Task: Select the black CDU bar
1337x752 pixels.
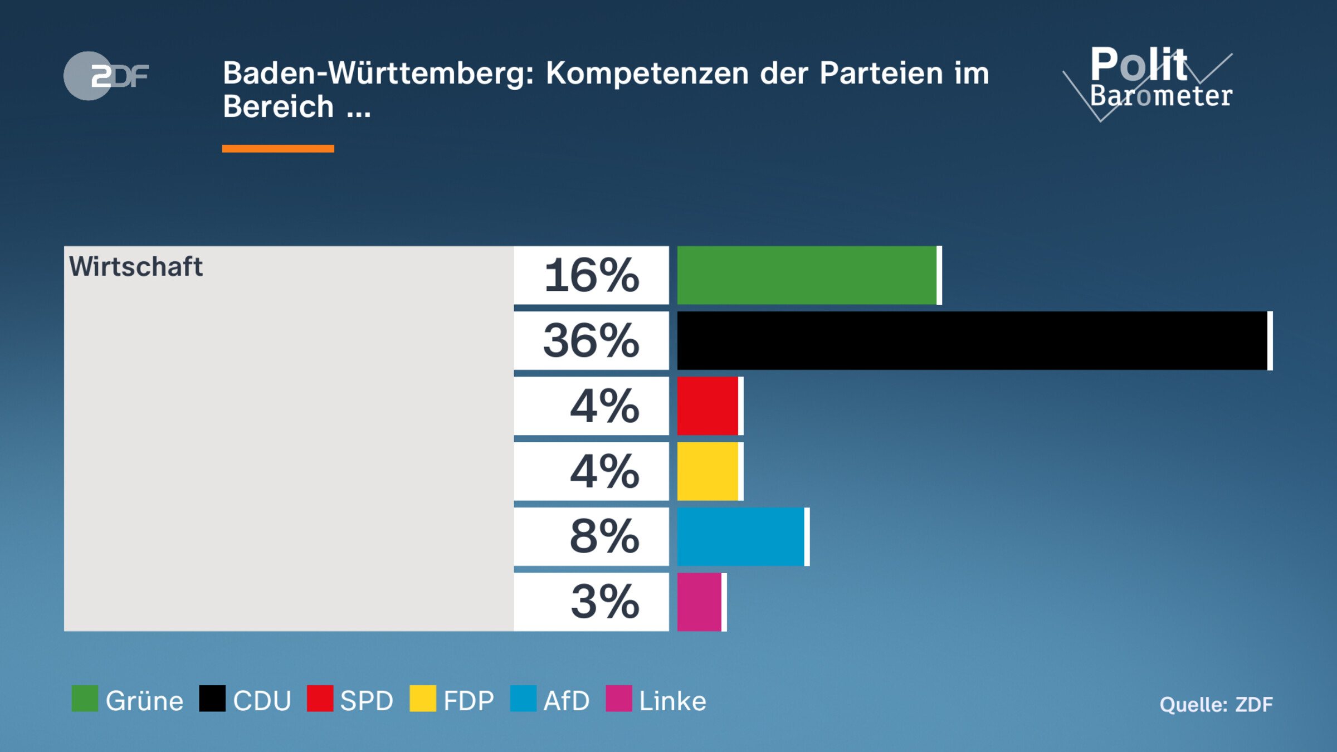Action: (972, 340)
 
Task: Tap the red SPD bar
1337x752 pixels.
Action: (707, 406)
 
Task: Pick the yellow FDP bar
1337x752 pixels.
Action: (707, 471)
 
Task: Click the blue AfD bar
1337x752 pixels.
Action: (741, 536)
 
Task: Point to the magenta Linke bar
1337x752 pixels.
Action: (700, 602)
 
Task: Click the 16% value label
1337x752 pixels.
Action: (592, 275)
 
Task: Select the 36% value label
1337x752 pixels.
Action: (592, 340)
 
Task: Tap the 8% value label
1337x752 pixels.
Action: (604, 536)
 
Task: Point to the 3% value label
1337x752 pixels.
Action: (604, 602)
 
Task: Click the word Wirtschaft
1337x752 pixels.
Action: (135, 266)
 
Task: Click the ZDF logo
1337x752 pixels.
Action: (106, 76)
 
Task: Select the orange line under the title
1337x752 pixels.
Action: (278, 149)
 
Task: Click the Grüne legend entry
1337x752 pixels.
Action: (128, 700)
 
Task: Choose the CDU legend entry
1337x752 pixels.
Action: (246, 700)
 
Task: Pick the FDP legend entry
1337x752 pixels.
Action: (452, 700)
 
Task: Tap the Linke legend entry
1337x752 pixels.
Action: (656, 700)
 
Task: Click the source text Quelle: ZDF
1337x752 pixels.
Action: (1216, 705)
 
